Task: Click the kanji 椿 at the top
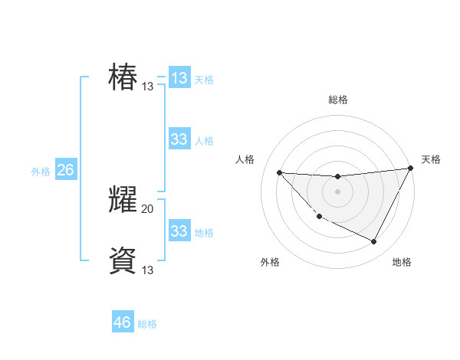[x=123, y=78]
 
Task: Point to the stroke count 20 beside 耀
[x=148, y=208]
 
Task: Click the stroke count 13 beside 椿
[x=148, y=87]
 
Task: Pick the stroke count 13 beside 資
[x=148, y=270]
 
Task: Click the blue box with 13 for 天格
[x=179, y=78]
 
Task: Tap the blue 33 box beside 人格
[x=179, y=139]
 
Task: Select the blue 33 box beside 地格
[x=179, y=231]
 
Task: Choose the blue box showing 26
[x=65, y=170]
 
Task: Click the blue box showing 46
[x=123, y=322]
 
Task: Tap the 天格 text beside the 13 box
[x=204, y=79]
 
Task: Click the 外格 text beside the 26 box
[x=41, y=172]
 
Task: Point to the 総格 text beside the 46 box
[x=147, y=324]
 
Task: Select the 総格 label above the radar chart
[x=337, y=100]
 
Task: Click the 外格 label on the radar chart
[x=270, y=262]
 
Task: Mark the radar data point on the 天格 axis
[x=411, y=169]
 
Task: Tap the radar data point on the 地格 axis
[x=374, y=242]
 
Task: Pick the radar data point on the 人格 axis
[x=279, y=172]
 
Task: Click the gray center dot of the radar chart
[x=337, y=191]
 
